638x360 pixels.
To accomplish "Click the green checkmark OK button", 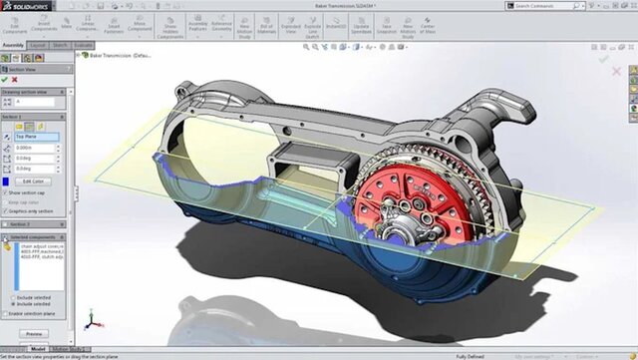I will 6,80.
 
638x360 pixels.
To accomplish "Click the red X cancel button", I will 17,80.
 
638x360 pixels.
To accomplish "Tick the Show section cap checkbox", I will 6,192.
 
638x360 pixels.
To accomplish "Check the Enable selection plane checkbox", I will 6,314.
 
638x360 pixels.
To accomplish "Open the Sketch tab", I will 61,46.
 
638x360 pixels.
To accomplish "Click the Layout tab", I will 38,46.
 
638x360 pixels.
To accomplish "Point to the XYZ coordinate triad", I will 90,320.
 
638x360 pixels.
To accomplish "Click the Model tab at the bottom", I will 37,349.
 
